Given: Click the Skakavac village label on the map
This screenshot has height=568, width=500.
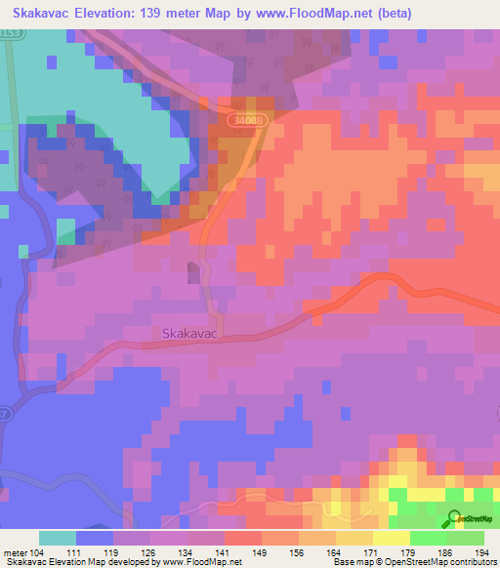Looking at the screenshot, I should coord(187,333).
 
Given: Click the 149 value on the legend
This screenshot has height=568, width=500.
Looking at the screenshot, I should coord(262,551).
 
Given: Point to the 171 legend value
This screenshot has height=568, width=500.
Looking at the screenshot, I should coord(372,551).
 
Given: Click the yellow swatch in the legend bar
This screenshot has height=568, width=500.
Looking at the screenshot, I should coord(391,538).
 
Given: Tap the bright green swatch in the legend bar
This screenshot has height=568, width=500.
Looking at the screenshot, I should coord(428,538).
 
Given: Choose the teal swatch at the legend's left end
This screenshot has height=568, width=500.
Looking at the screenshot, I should coord(58,538).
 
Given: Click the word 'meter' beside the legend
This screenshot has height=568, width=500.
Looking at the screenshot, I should coord(16,551).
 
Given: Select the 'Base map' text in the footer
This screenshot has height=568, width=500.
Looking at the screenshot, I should coord(354,562).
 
